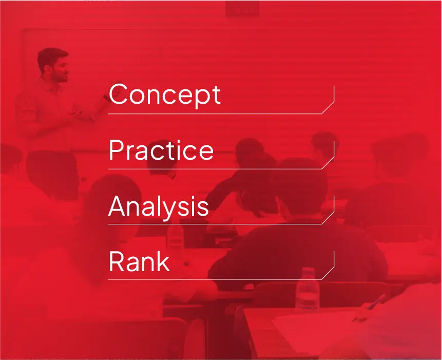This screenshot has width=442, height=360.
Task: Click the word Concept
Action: point(165,95)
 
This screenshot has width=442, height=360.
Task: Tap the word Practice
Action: point(161,150)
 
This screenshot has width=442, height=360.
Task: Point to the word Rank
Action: point(139,261)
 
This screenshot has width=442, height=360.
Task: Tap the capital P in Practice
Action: point(117,150)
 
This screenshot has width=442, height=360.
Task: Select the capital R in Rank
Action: point(117,261)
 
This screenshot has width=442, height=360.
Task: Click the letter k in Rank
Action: point(163,261)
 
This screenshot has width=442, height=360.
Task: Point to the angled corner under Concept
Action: point(328,108)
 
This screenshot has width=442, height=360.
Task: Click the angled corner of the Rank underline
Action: point(328,273)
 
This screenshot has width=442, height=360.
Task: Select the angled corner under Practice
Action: point(328,163)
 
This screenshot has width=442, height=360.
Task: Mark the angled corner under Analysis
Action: point(328,218)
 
